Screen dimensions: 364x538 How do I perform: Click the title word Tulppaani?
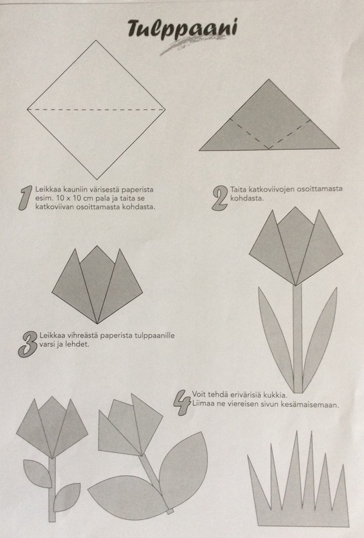click(182, 28)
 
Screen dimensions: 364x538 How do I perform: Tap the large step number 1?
click(26, 198)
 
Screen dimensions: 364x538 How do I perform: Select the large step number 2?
click(220, 198)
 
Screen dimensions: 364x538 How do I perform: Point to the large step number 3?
click(28, 344)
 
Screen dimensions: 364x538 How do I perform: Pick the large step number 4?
click(181, 402)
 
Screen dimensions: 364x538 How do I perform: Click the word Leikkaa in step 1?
click(46, 190)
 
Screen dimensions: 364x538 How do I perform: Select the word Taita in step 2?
click(239, 189)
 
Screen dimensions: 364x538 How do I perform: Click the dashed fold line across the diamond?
click(96, 110)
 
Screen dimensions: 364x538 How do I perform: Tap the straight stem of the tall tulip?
click(297, 338)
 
